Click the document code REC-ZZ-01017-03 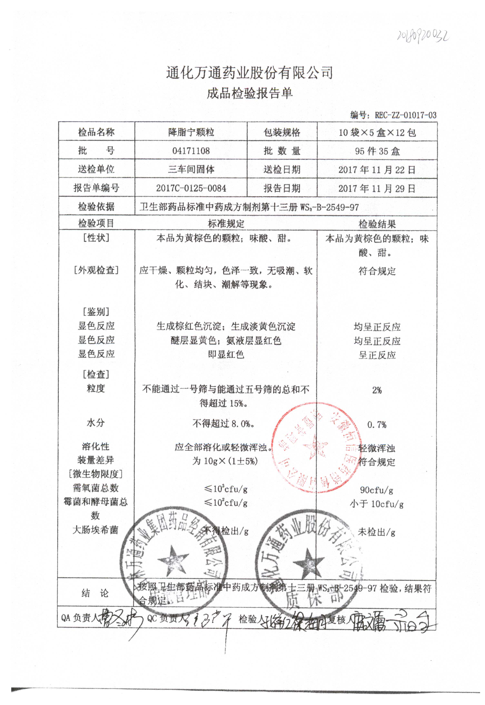point(405,115)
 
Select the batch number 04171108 point(191,151)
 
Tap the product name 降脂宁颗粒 point(191,132)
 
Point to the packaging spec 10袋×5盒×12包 point(377,133)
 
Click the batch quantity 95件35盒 point(377,151)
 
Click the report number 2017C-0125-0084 point(191,188)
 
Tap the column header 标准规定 point(226,224)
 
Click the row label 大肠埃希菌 point(95,530)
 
